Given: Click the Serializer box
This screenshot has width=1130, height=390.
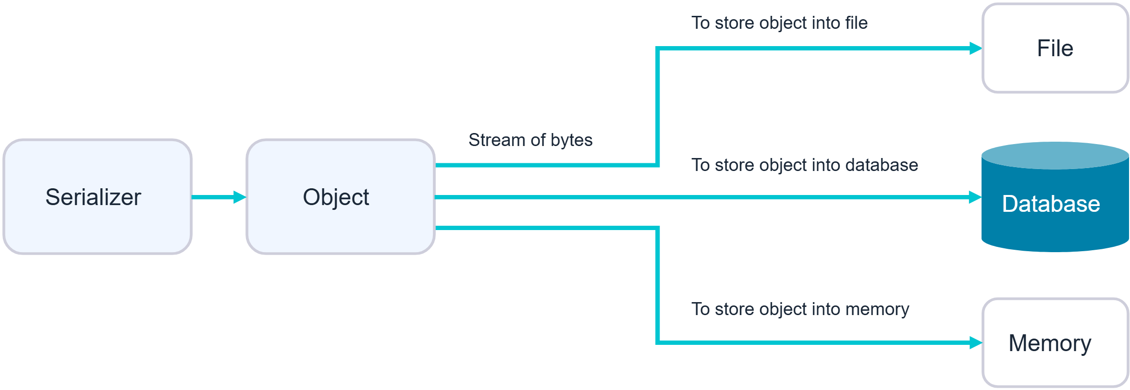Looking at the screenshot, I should tap(98, 196).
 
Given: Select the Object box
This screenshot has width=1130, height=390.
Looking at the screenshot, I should tap(341, 196).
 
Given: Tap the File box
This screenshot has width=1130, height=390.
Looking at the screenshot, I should tap(1055, 48).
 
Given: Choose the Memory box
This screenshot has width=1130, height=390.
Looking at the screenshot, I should tap(1055, 342).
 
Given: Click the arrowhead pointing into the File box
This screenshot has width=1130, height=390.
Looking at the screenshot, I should tap(975, 49).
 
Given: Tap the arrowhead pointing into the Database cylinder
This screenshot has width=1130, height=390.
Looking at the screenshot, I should tap(975, 197).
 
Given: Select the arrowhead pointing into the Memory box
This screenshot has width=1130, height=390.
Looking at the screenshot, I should tap(975, 342).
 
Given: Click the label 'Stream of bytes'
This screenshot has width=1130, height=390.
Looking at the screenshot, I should tap(530, 140).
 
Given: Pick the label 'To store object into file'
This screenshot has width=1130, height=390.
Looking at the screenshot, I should tap(779, 23).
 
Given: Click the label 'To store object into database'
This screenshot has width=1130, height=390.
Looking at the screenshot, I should tap(805, 165).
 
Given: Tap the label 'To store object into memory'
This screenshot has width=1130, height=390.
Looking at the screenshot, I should tap(800, 309).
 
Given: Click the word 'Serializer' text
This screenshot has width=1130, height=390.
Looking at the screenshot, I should tap(93, 197).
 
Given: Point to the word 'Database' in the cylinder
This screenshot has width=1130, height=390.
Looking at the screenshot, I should tap(1051, 204).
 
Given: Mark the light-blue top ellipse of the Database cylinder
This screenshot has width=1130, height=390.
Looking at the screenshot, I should tap(1055, 155).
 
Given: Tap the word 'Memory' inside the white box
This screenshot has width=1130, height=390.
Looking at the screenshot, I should tap(1050, 343).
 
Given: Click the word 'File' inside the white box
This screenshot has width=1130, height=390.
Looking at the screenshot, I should tap(1055, 49).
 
